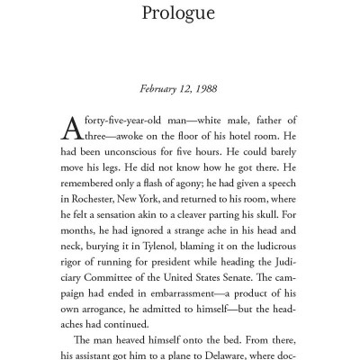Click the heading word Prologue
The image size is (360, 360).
tap(180, 14)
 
